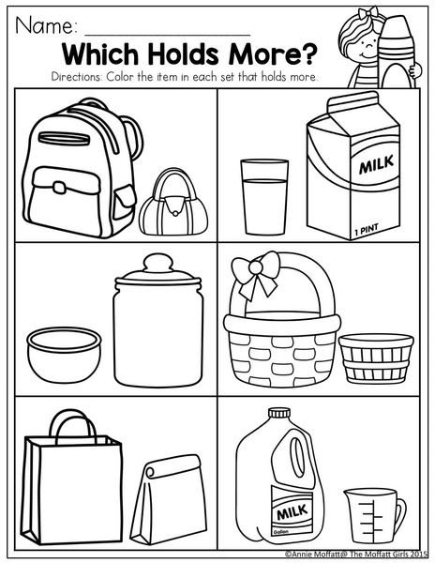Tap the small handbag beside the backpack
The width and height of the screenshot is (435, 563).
pos(173,202)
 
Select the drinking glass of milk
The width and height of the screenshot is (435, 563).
pos(264,197)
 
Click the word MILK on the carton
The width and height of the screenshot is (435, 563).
pos(376,165)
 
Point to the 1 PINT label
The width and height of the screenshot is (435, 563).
pos(367,230)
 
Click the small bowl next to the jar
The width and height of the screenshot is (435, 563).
pos(64,355)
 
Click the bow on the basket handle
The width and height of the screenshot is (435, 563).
pos(255,275)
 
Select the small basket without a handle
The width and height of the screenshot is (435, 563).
pos(376,359)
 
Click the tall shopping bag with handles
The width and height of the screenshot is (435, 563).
pos(72,478)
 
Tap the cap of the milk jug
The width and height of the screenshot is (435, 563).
pos(279,413)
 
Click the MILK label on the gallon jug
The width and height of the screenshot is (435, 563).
pos(292,512)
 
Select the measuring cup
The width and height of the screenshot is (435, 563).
pos(374,516)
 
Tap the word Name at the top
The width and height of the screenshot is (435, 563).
pos(46,25)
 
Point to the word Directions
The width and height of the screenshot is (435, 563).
pos(76,77)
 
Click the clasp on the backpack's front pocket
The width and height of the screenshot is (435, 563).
pos(59,187)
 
